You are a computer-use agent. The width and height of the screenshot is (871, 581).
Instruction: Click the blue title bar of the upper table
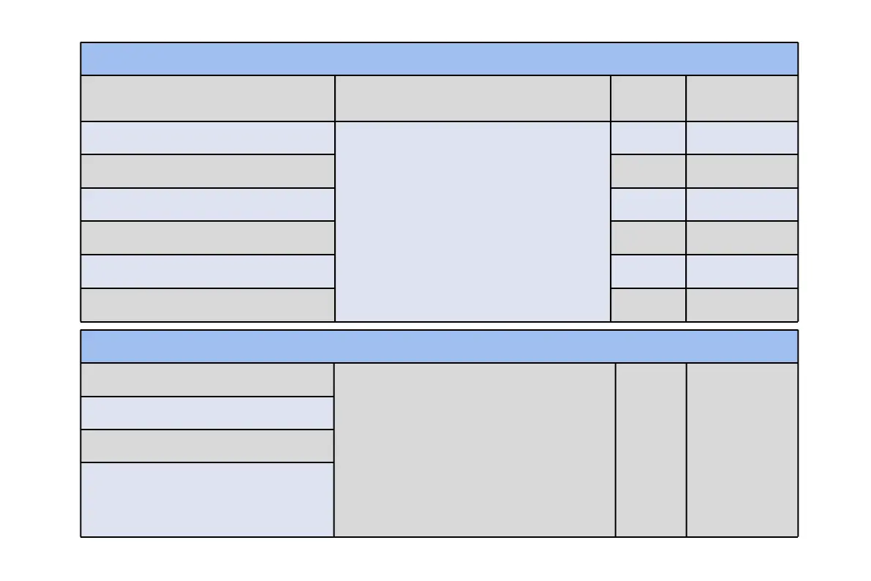point(439,59)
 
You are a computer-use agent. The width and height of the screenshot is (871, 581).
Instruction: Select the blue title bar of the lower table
point(439,346)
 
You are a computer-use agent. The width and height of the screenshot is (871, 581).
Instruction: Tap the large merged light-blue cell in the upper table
point(472,221)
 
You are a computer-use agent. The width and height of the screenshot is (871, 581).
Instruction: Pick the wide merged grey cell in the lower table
point(475,449)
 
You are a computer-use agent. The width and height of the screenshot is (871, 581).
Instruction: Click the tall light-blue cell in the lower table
point(207,499)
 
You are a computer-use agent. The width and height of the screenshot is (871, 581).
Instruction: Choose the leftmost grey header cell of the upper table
point(207,98)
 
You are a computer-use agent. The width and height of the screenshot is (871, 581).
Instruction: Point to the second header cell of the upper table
point(472,98)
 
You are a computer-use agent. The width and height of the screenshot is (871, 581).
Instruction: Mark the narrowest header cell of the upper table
point(648,98)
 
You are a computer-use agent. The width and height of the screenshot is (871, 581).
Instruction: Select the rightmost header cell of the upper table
point(742,98)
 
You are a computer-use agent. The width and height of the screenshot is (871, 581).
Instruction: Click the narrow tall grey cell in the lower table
point(651,449)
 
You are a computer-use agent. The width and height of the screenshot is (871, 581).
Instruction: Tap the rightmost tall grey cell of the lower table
point(742,449)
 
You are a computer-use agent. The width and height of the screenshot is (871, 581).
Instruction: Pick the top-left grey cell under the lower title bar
point(207,380)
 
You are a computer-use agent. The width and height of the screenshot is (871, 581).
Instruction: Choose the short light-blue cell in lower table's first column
point(207,413)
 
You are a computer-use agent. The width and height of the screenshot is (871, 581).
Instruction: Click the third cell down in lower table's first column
point(207,446)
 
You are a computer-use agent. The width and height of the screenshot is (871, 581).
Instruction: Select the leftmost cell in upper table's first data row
point(207,138)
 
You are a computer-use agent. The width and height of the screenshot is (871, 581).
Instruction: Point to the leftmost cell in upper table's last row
point(207,304)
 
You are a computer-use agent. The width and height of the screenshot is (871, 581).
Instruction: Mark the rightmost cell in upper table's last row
point(742,304)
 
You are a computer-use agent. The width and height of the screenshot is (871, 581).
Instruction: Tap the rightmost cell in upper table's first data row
point(742,138)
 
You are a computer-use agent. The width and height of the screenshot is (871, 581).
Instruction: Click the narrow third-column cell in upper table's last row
point(648,304)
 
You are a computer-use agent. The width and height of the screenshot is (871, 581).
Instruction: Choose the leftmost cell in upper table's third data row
point(207,204)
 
